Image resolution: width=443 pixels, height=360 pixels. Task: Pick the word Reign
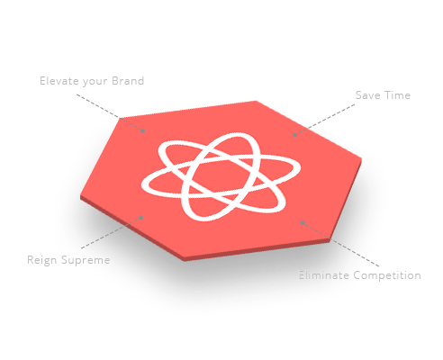point(41,260)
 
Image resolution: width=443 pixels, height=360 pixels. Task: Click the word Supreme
point(86,260)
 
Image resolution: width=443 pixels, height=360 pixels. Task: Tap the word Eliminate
point(324,275)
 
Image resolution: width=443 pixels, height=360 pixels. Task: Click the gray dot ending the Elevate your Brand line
point(143,130)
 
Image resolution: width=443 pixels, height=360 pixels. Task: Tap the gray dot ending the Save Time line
point(295,135)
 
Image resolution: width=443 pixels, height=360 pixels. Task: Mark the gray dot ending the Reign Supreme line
point(141,218)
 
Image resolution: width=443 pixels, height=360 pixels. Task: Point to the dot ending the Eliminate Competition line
point(303,222)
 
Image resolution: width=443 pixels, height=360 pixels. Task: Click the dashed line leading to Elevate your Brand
point(110,112)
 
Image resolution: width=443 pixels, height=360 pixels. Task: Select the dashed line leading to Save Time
point(325,120)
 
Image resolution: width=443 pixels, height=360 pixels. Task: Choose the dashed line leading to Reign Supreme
point(111,233)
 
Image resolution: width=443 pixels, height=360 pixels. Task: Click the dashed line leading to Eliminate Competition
point(341,245)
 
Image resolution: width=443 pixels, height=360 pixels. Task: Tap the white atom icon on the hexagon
point(221,176)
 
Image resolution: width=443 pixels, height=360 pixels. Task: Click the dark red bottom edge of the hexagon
point(258,250)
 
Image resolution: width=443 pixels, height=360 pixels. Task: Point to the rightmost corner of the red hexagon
point(361,158)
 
